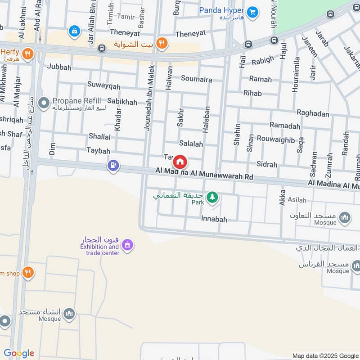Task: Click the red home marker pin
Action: [180, 162]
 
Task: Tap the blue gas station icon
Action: [113, 166]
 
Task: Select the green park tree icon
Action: [212, 197]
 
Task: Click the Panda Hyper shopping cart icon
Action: [252, 11]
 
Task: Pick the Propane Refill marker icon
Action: [44, 104]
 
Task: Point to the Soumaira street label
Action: [196, 79]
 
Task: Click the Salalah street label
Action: [191, 144]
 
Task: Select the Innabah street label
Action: [214, 220]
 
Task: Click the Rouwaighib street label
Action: [276, 139]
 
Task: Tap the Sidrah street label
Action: [266, 165]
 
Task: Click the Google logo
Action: [19, 354]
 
